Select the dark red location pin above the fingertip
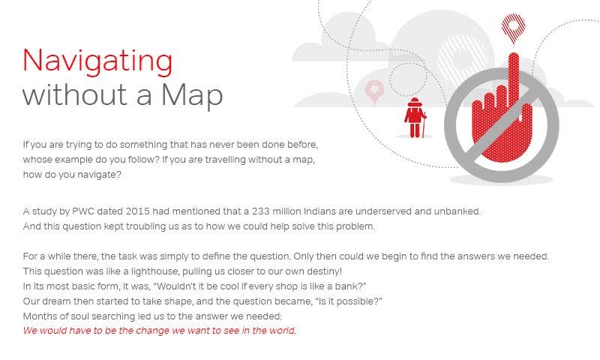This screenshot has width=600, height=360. coord(514,26)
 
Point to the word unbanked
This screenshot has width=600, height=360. coord(457,211)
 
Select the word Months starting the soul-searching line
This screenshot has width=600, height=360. coord(40,315)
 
